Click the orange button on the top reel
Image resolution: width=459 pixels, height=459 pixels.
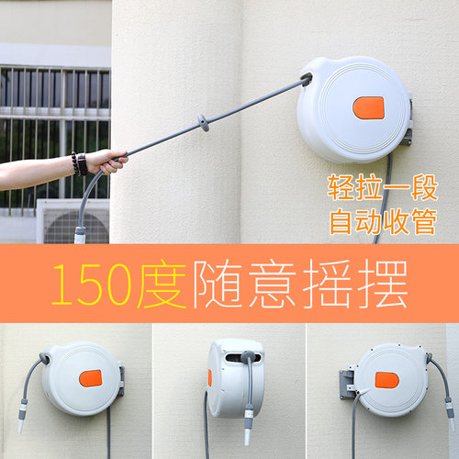368,108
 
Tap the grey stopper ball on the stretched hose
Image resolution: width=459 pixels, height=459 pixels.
204,122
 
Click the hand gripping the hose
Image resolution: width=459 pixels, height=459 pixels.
106,162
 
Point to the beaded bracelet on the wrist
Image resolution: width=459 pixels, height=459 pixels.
75,163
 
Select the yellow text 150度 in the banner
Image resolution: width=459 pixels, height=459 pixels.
118,284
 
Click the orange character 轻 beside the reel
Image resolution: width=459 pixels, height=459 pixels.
341,187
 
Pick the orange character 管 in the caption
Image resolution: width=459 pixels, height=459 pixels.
424,221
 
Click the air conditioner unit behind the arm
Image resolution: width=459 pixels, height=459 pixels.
73,221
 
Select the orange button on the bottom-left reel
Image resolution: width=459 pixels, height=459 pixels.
90,378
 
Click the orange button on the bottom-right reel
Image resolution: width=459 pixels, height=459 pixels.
387,380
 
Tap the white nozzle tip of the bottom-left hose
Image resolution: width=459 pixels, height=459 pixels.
20,425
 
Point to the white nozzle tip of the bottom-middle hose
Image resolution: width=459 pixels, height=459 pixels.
247,436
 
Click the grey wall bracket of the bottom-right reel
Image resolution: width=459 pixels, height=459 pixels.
347,384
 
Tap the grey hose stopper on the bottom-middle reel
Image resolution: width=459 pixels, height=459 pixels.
248,356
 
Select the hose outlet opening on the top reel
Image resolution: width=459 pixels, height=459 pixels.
307,80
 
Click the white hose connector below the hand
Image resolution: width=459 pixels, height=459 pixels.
80,235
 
